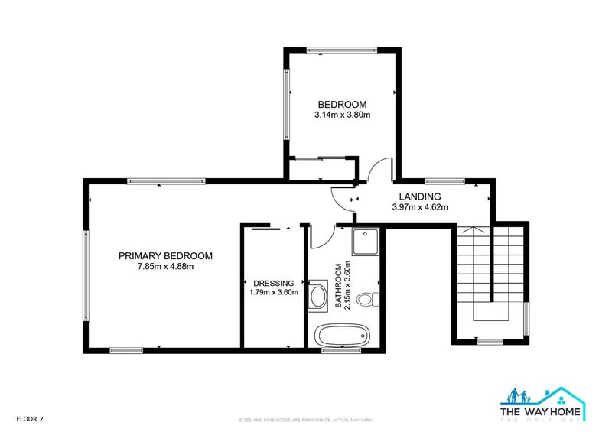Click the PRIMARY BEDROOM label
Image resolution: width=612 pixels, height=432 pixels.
[165, 256]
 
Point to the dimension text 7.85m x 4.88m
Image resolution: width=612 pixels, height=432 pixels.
[165, 267]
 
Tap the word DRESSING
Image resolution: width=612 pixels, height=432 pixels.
[273, 281]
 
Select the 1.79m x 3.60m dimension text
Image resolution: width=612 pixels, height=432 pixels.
[273, 291]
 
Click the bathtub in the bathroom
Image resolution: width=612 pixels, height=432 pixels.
[342, 335]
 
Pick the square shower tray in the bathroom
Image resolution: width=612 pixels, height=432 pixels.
[366, 242]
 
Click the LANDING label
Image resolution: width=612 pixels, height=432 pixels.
[419, 197]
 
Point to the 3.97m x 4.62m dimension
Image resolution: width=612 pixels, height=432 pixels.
[419, 206]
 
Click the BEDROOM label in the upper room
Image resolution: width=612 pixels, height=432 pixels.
[342, 105]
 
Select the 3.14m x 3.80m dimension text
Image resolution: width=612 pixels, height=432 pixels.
[342, 115]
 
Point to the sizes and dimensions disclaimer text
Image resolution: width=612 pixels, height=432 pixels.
[305, 420]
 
